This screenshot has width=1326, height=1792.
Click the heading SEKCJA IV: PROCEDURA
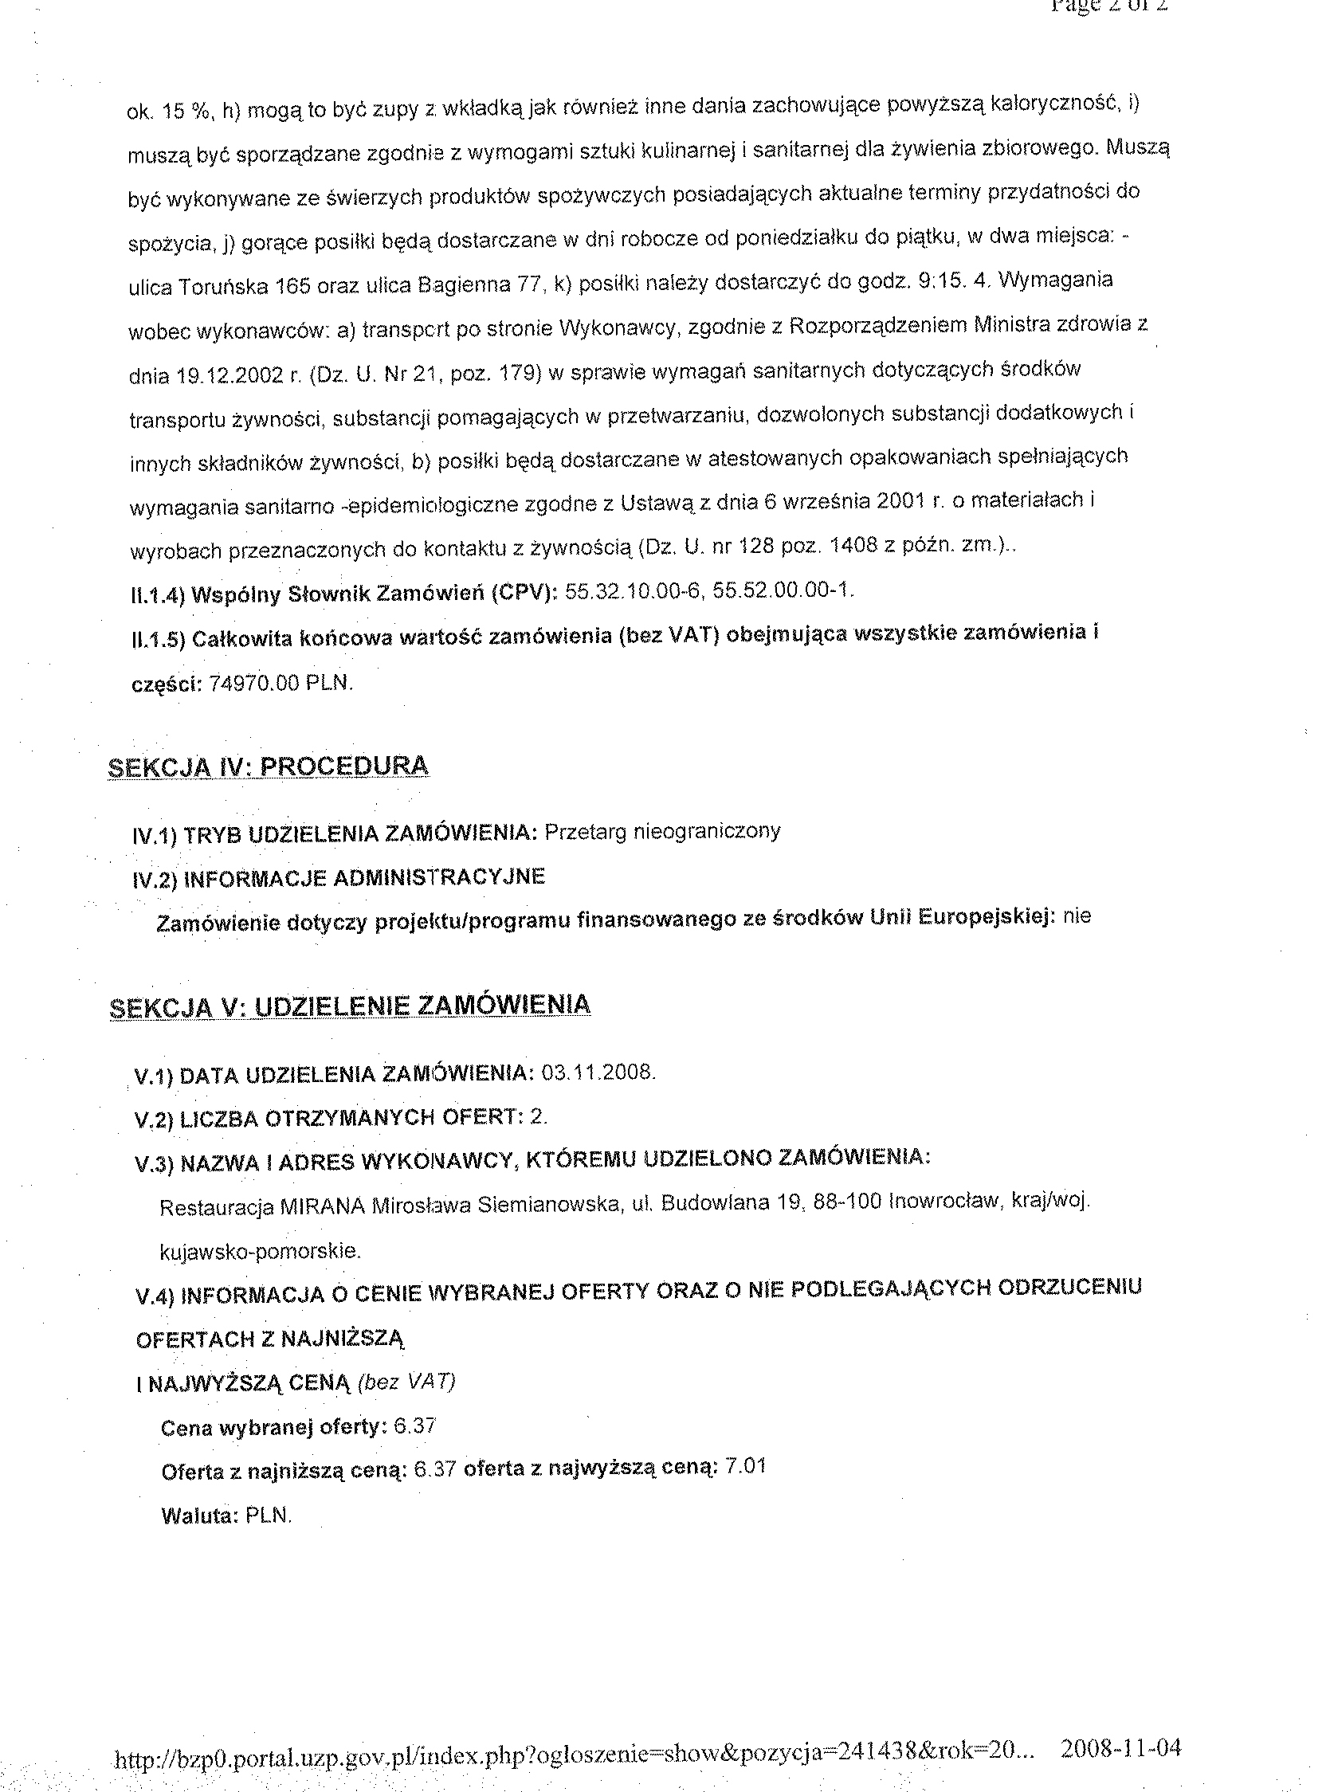click(x=268, y=767)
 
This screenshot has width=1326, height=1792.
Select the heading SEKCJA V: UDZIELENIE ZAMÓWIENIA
click(x=350, y=1006)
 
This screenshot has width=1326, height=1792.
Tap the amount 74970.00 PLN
click(x=280, y=684)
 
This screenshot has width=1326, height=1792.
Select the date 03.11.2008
click(x=598, y=1073)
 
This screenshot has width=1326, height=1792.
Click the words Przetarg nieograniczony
click(x=662, y=831)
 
